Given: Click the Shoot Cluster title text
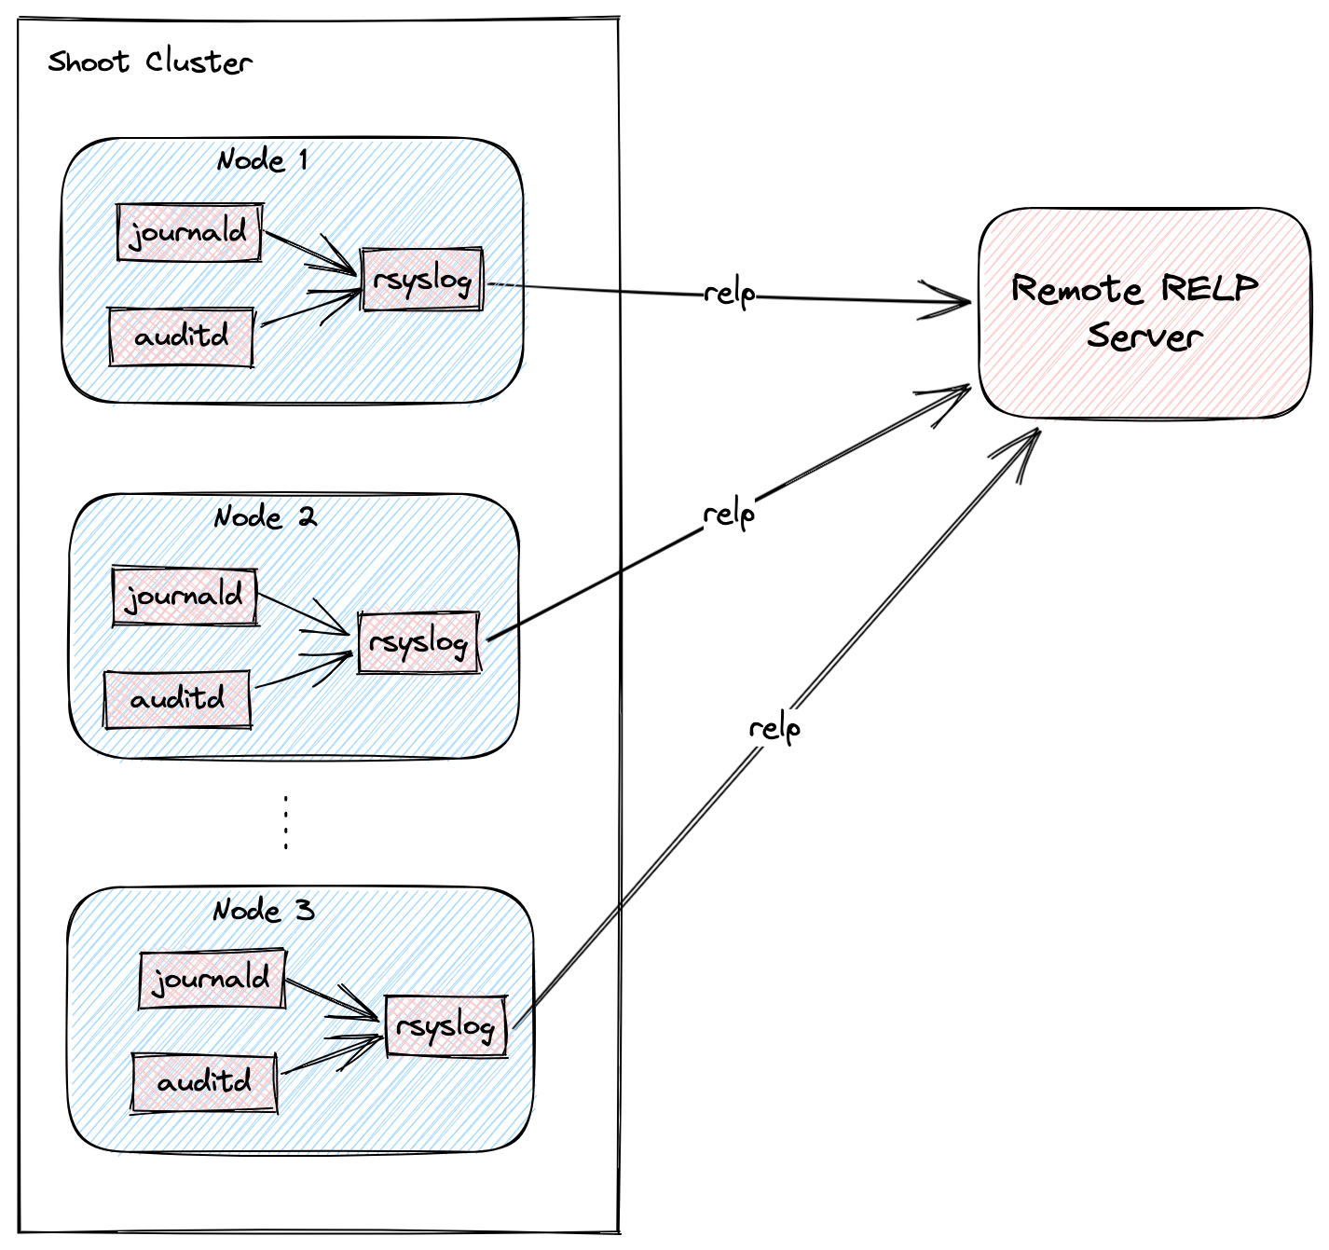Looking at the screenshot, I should point(150,62).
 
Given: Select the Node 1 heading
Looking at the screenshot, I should point(262,160).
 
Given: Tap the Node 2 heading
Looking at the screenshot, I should point(265,516).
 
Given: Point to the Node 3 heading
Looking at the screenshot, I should point(264,910).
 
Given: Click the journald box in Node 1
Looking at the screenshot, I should point(189,232).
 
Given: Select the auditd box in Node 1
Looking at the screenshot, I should point(181,337).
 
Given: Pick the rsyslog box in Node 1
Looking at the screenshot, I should point(422,279).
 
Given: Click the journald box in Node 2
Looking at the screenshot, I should point(185,596).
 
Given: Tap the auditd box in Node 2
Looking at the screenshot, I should point(177,699).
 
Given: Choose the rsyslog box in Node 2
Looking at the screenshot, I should point(418,642).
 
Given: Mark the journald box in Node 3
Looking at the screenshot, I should point(212,979).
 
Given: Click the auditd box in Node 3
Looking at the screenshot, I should point(204,1082).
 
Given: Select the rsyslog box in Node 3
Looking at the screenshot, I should point(445,1025).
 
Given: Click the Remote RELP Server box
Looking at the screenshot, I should point(1144,312).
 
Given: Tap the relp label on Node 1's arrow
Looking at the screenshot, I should point(729,294).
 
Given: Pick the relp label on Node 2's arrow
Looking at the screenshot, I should point(729,514).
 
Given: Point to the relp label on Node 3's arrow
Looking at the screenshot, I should point(774,727).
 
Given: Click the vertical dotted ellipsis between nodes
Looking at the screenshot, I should point(285,823).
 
